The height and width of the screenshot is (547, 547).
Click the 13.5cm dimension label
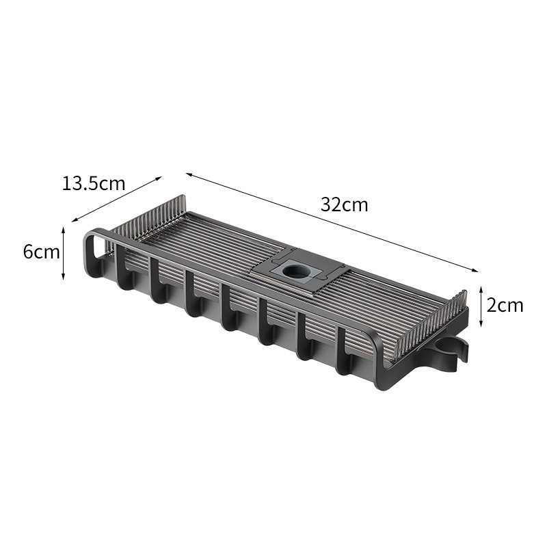click(93, 183)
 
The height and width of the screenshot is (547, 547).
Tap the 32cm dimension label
click(345, 204)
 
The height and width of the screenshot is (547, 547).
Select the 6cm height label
click(41, 252)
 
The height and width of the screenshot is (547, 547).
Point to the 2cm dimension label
click(505, 306)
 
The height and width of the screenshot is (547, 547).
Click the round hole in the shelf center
click(293, 271)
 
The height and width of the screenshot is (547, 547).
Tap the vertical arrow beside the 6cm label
click(63, 253)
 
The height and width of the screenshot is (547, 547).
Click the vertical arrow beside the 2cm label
click(481, 306)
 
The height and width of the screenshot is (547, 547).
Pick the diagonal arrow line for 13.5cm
click(116, 199)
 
